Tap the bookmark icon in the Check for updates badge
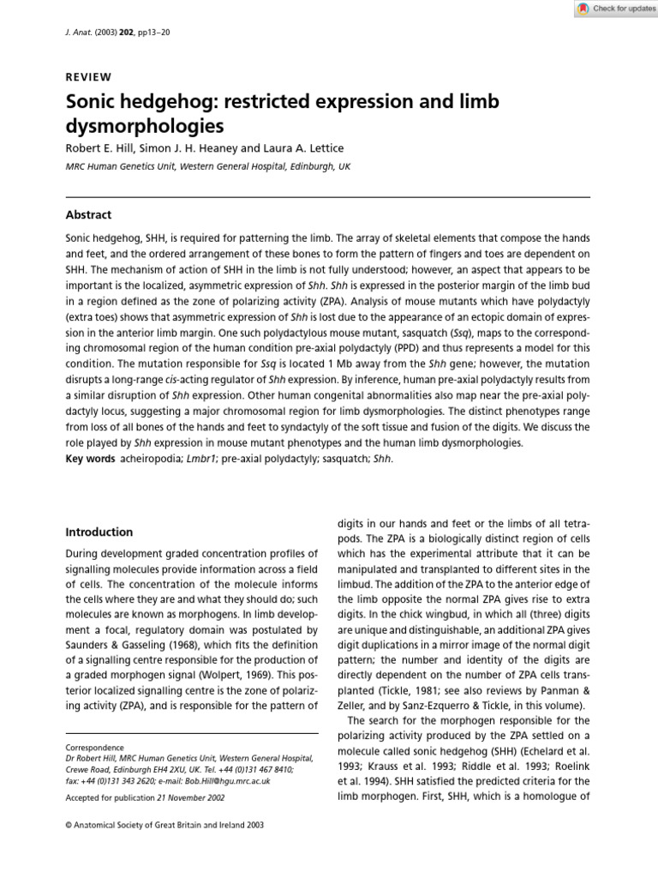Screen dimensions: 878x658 [583, 9]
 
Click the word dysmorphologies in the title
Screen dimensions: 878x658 [145, 126]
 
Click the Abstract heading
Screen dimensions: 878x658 [88, 215]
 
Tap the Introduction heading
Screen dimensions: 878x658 [99, 532]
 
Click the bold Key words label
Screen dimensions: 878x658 [90, 459]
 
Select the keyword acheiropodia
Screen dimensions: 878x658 [152, 459]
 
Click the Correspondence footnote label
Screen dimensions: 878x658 [94, 748]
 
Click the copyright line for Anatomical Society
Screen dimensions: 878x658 [164, 825]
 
